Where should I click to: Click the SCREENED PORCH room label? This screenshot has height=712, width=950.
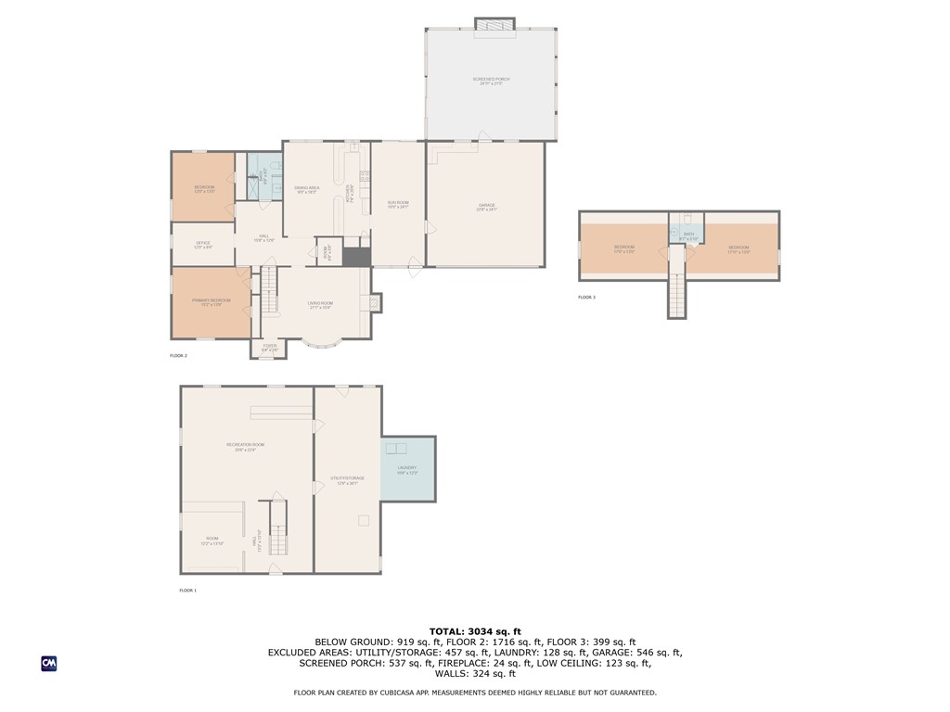coord(491,80)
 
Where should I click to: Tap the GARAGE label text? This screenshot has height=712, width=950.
coord(487,206)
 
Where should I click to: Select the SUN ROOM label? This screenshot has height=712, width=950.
coord(398,203)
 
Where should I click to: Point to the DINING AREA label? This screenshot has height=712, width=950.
coord(307,189)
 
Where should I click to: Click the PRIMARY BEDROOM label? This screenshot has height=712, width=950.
coord(211,301)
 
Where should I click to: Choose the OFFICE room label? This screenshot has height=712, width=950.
coord(202,244)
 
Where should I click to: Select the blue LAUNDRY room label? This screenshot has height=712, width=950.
coord(407,468)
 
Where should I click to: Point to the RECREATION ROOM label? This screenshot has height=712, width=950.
coord(246,446)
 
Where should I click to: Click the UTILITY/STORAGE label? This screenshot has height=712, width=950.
coord(348,479)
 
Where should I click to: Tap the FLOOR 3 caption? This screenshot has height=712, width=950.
coord(587,298)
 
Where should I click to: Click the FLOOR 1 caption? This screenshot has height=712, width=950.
coord(187,590)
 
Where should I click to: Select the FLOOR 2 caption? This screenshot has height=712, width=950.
coord(178,356)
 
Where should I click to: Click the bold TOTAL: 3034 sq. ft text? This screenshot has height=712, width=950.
coord(475,631)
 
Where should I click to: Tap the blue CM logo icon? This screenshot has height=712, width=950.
coord(48,663)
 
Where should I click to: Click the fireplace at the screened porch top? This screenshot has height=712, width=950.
coord(493,24)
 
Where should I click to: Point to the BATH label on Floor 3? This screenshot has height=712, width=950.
coord(687,235)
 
